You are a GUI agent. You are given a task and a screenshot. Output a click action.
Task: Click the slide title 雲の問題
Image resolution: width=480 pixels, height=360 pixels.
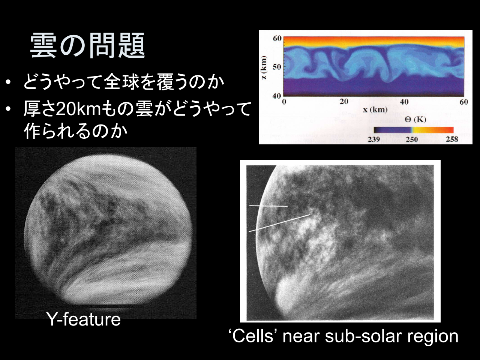pos(87,45)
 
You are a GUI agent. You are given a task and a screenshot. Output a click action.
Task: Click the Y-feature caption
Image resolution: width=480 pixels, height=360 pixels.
pos(83,319)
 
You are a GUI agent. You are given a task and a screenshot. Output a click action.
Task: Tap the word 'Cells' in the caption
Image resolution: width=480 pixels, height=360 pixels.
pos(253,336)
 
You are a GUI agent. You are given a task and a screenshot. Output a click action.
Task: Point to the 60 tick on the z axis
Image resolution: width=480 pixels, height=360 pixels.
pos(277,39)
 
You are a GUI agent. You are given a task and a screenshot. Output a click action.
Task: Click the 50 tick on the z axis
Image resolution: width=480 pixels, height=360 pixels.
pos(277,67)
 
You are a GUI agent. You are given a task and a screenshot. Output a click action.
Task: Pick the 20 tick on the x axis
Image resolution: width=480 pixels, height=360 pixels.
pos(344,102)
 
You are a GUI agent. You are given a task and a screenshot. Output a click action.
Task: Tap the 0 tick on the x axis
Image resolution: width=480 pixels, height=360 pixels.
pos(284,102)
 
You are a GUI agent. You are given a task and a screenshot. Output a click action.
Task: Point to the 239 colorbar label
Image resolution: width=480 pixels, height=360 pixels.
pos(374,139)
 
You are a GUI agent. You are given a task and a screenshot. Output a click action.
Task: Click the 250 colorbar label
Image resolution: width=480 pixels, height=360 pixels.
pos(412,139)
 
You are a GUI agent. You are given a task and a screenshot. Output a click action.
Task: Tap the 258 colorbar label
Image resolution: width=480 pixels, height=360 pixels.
pos(452,139)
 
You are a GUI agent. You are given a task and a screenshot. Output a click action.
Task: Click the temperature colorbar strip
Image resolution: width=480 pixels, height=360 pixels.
pos(414,130)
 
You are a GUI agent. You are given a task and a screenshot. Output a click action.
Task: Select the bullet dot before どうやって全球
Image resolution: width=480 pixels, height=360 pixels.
pos(8,82)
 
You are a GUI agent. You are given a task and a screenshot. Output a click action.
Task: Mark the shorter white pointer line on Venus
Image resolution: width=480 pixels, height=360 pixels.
pos(268,206)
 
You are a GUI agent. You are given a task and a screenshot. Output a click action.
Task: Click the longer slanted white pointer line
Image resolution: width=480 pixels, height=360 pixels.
pos(280,223)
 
